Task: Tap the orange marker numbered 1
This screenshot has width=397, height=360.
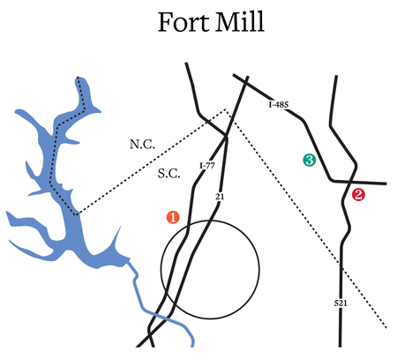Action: (x=173, y=217)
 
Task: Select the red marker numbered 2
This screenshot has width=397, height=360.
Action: (x=358, y=194)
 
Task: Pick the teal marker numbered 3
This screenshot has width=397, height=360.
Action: (x=310, y=160)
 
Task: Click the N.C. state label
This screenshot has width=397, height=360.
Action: (x=142, y=144)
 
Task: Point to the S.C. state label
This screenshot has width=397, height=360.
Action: (x=169, y=174)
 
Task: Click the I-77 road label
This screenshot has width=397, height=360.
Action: (x=207, y=166)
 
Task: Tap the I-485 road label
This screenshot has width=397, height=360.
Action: (x=279, y=104)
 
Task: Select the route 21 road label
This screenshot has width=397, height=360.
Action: (x=220, y=197)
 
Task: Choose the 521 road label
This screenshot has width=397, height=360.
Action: (x=341, y=303)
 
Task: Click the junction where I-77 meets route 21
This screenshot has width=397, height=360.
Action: (x=226, y=137)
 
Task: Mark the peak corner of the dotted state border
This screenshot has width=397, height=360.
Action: (x=225, y=109)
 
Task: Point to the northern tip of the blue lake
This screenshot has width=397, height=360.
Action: (x=78, y=77)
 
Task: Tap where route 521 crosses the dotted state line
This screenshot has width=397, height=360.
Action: (x=341, y=266)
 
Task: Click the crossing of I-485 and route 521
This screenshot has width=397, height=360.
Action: (x=349, y=182)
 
